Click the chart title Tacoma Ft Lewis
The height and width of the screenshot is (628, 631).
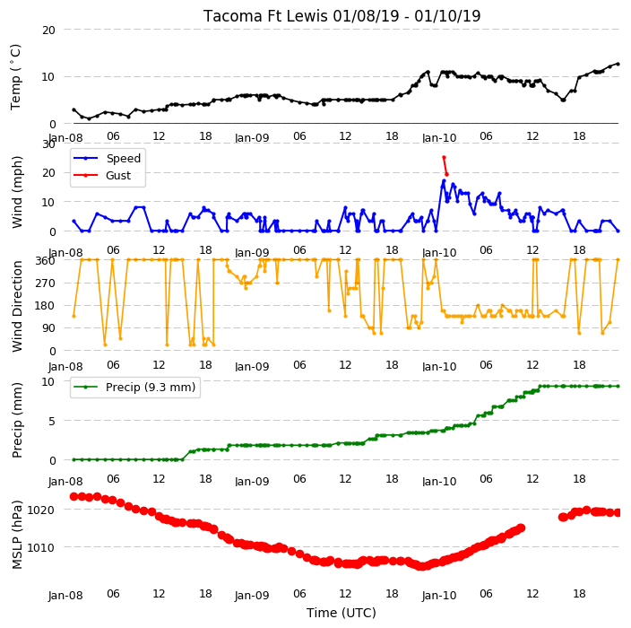pyautogui.click(x=265, y=16)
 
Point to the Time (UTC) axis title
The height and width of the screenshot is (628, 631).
pyautogui.click(x=341, y=613)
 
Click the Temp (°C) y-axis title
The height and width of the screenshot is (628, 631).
pyautogui.click(x=16, y=77)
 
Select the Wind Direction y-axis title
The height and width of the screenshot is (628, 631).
pyautogui.click(x=17, y=307)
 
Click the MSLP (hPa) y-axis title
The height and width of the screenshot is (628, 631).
pyautogui.click(x=17, y=534)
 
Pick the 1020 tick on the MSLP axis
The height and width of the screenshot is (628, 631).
pyautogui.click(x=40, y=510)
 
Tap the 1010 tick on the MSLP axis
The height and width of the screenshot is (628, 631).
pyautogui.click(x=40, y=548)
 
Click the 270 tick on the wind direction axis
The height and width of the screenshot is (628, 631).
pyautogui.click(x=45, y=283)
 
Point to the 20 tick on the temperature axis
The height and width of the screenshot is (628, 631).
pyautogui.click(x=48, y=31)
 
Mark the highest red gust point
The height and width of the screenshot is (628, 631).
pyautogui.click(x=444, y=158)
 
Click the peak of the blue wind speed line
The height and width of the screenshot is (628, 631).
pyautogui.click(x=444, y=181)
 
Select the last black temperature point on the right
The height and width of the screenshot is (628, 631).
pyautogui.click(x=618, y=64)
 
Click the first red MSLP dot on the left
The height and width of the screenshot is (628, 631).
pyautogui.click(x=73, y=496)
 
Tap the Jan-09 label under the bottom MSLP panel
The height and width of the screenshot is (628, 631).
pyautogui.click(x=252, y=596)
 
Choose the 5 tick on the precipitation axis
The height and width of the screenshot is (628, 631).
pyautogui.click(x=52, y=422)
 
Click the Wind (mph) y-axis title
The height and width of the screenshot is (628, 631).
pyautogui.click(x=17, y=192)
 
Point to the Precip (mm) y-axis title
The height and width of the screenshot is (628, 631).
pyautogui.click(x=17, y=420)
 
